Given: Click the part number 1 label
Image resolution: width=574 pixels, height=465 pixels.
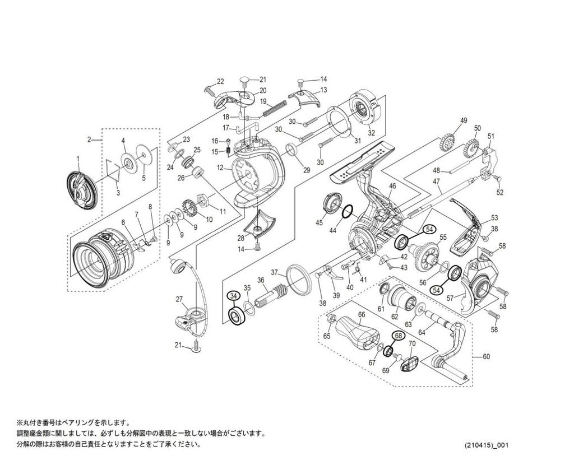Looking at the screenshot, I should coord(78,159).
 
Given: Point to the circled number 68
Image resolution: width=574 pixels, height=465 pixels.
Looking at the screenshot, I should coord(398,335).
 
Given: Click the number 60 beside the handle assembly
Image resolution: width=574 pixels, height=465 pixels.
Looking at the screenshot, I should coord(486,356).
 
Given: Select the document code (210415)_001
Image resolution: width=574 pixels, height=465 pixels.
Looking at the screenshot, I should coord(487,445).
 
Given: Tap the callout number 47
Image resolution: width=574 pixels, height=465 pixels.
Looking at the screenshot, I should coord(437,182).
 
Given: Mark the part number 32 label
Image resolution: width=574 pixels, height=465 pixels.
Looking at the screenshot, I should coord(371,133).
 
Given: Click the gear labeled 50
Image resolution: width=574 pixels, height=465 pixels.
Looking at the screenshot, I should coord(470,148).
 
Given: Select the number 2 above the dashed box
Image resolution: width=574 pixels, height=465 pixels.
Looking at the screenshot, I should coord(89,139).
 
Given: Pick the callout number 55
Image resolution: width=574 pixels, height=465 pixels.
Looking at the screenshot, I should coord(443,238).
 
